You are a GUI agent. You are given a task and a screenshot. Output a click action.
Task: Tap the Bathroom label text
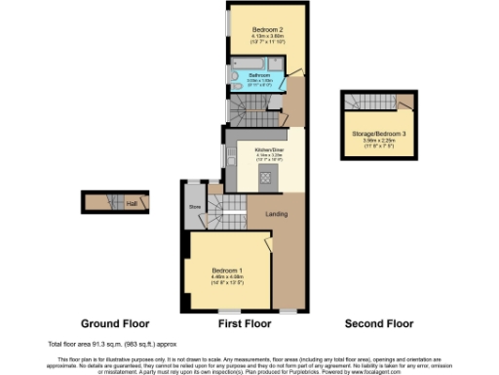point(259,74)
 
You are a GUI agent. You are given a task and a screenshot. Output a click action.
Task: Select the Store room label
point(193,206)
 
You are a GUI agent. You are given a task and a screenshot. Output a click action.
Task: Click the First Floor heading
point(244,323)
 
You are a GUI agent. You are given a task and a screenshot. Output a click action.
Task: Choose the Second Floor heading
point(378,323)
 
